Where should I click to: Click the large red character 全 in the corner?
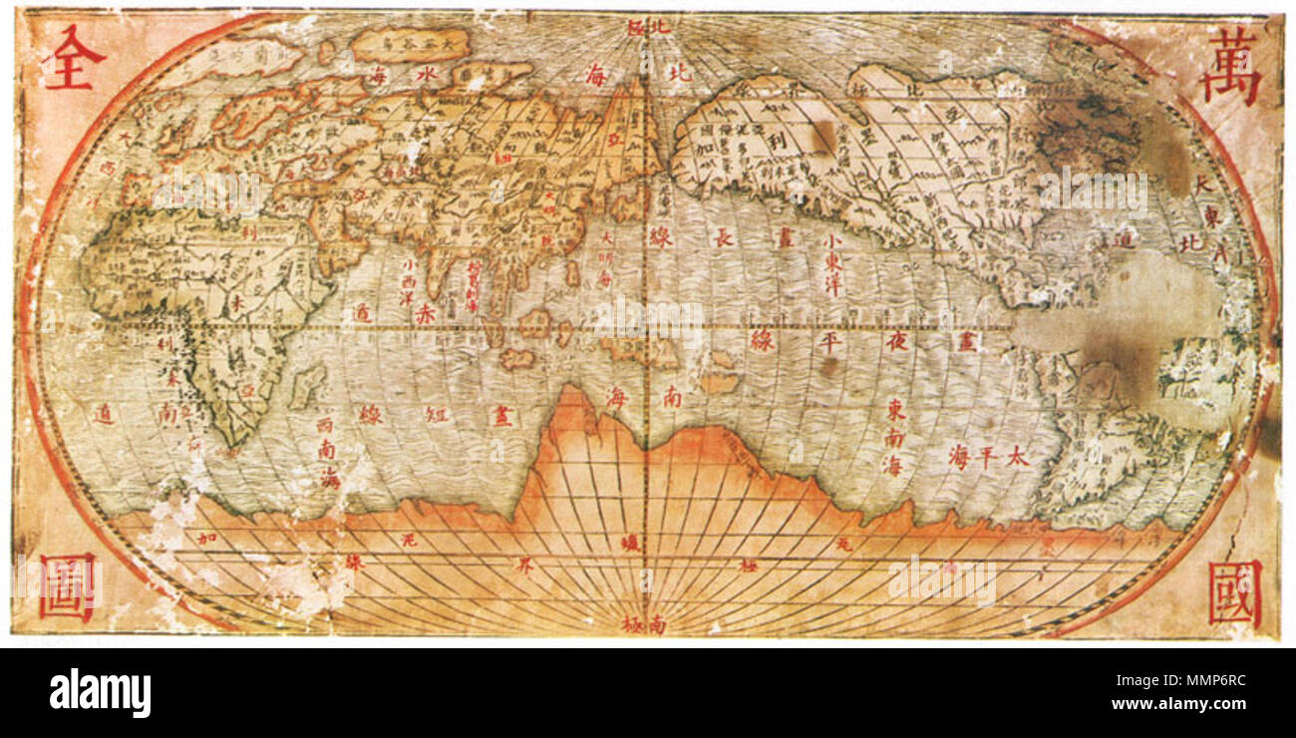[73, 58]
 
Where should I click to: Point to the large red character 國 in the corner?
[1234, 592]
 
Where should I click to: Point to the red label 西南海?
[329, 452]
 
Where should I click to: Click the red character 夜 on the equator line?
[895, 342]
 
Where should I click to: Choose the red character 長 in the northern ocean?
[722, 237]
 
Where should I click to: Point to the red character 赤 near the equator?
[427, 312]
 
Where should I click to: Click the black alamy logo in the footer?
[101, 693]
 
